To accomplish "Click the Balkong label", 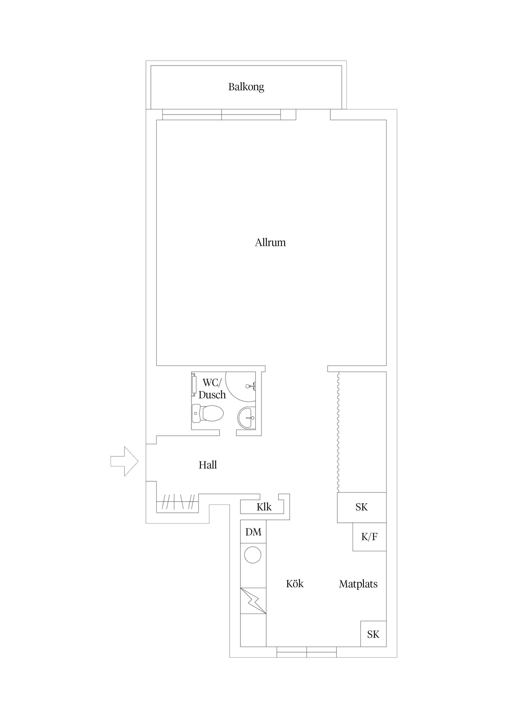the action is [x=246, y=87].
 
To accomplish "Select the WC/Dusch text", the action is [x=212, y=389].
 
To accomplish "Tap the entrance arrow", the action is [x=124, y=461].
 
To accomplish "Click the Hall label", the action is [x=208, y=465].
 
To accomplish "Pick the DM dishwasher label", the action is [x=253, y=532].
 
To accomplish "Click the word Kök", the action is [x=295, y=584].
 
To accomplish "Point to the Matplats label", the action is [x=358, y=584].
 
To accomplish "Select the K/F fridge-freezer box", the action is [x=370, y=537].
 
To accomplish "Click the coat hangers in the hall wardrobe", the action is [x=177, y=502].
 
